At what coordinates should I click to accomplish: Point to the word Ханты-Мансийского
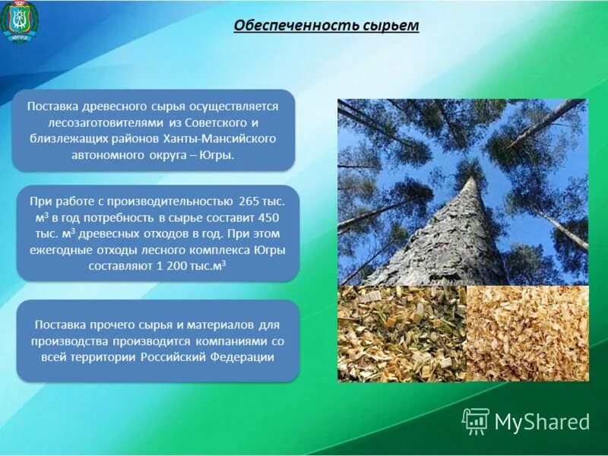click(x=229, y=139)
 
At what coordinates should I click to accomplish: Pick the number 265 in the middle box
click(x=249, y=201)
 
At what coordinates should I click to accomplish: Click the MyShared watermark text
click(x=542, y=422)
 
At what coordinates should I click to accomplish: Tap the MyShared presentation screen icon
click(x=476, y=420)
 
